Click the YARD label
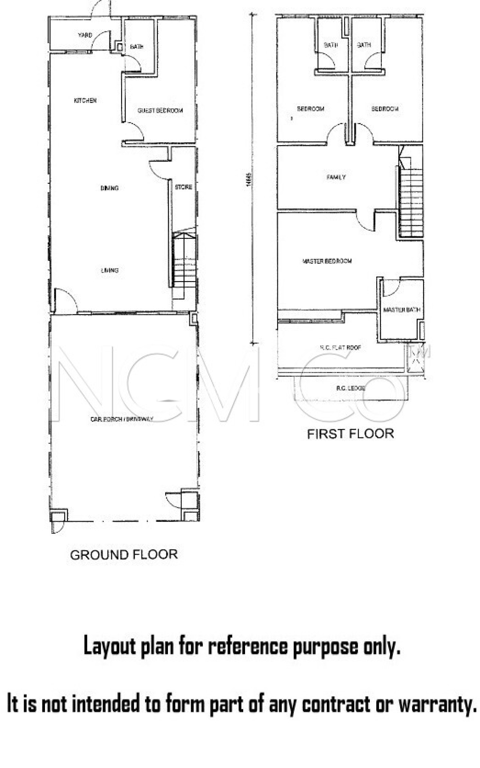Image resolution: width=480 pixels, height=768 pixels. (x=85, y=35)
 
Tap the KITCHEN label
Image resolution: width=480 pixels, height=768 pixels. (x=85, y=100)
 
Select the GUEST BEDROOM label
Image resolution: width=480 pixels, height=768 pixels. (x=160, y=111)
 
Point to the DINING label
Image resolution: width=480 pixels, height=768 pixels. (x=109, y=188)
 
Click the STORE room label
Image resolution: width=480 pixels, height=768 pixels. (x=184, y=187)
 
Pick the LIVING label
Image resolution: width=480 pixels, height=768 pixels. (x=110, y=270)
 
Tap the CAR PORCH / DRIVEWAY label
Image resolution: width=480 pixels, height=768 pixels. (x=122, y=419)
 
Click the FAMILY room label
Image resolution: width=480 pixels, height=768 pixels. (x=336, y=177)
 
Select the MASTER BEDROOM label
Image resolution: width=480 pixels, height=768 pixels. (x=327, y=261)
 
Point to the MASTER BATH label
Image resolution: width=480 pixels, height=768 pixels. (x=401, y=310)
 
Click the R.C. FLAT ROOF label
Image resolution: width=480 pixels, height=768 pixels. (x=340, y=348)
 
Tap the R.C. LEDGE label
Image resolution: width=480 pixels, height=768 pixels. (x=350, y=388)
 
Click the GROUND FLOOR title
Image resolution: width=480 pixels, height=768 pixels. (x=124, y=554)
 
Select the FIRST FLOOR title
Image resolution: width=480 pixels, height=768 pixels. (x=350, y=434)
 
